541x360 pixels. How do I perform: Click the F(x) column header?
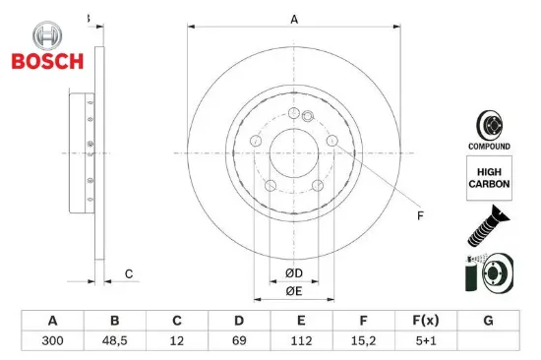coord(425,321)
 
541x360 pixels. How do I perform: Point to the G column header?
coord(488,321)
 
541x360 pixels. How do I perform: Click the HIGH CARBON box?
coord(488,180)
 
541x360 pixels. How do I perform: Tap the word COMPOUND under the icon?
coord(488,147)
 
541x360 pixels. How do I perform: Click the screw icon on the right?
coord(488,225)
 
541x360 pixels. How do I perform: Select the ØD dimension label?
coord(294,272)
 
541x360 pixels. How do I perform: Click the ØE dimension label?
coord(294,292)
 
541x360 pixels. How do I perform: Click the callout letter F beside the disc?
coord(419,214)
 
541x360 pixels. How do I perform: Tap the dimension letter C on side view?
coord(128,272)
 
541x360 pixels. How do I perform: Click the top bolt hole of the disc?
coord(294,116)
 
